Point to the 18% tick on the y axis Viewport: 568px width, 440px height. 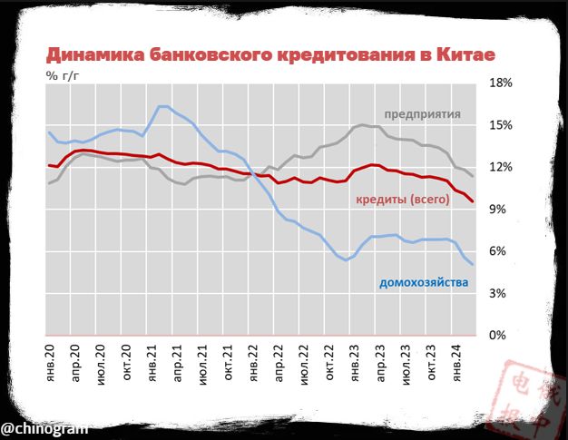502,83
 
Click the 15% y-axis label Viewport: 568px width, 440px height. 502,124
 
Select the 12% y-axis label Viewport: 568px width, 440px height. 502,167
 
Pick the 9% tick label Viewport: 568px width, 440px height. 505,209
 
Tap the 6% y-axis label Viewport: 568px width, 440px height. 505,251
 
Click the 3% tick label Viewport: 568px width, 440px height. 505,293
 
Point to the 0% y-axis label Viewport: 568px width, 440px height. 505,336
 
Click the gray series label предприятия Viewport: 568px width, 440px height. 422,114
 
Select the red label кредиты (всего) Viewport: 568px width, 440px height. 403,199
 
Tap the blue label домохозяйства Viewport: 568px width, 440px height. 423,283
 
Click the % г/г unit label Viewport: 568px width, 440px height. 64,76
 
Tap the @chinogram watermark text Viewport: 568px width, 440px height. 44,426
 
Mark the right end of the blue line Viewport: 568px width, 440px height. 473,264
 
